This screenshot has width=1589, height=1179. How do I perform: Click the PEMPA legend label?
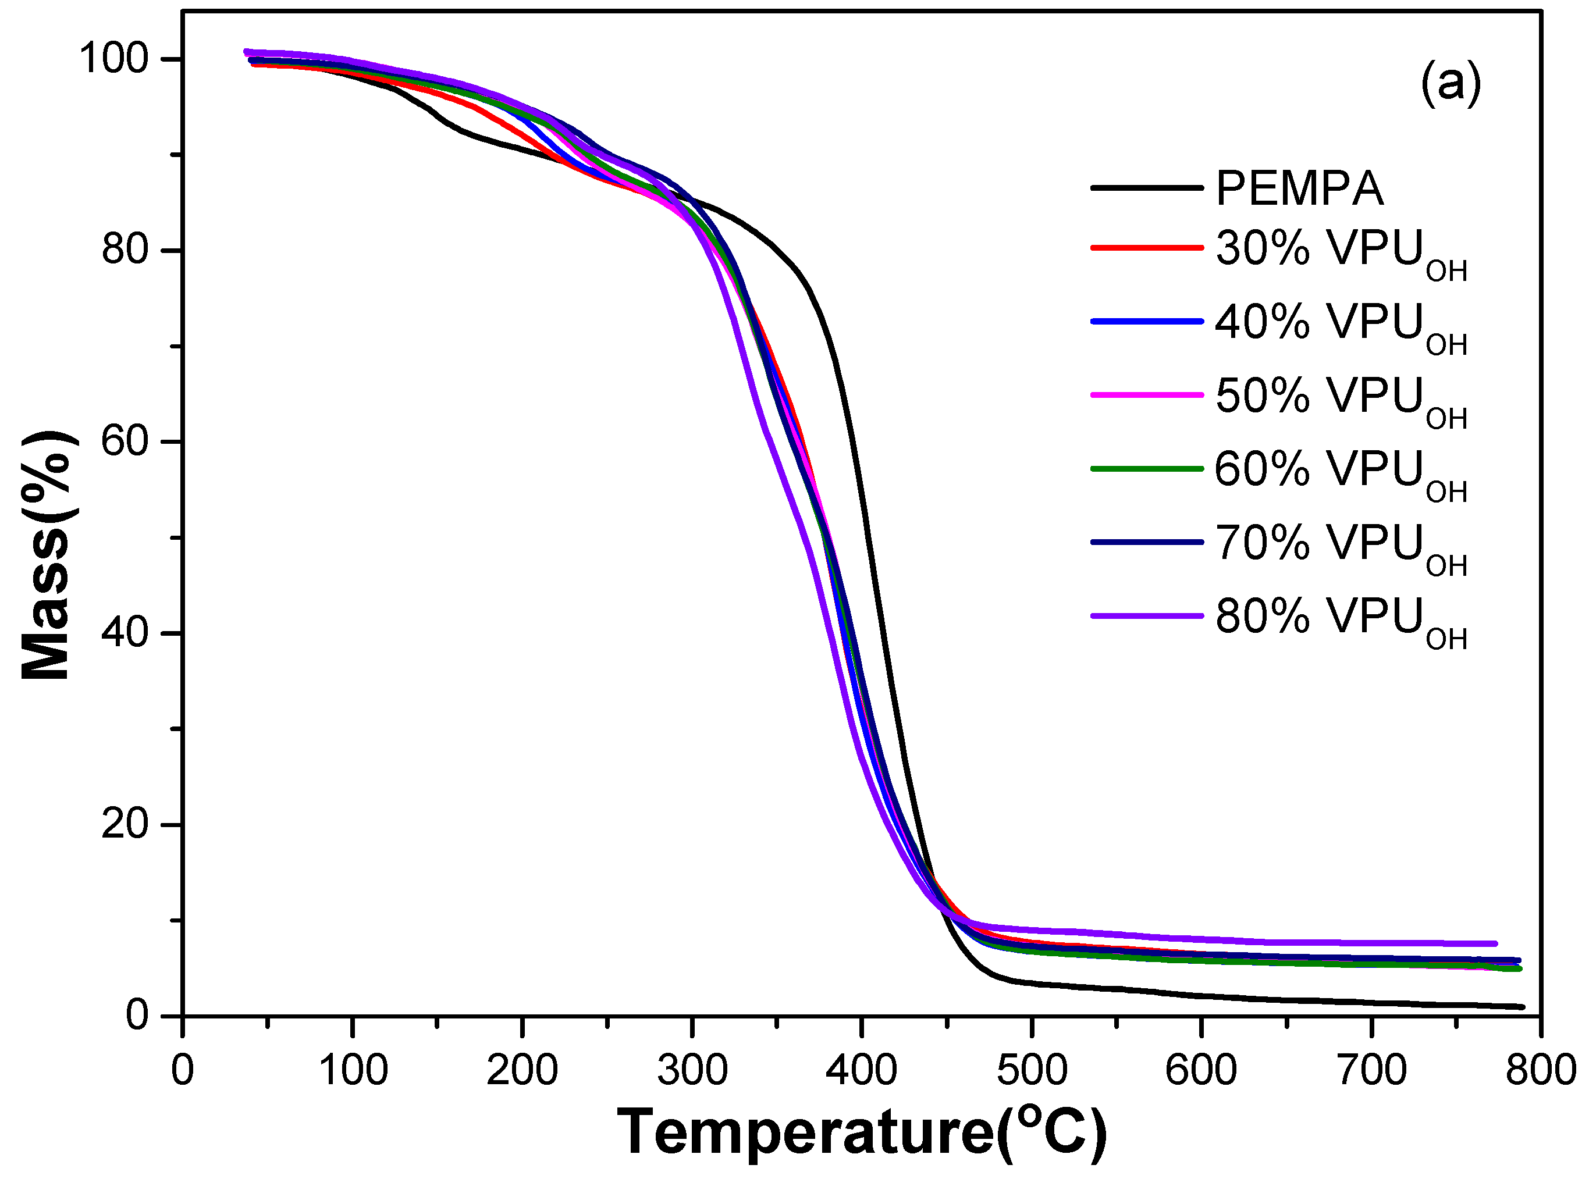(x=1299, y=189)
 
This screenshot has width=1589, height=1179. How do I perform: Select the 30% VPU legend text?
(x=1340, y=251)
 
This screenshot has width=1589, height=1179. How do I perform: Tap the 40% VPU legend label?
(x=1340, y=325)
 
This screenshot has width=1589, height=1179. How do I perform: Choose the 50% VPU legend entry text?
(x=1340, y=398)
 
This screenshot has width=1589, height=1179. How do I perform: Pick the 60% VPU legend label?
(x=1340, y=472)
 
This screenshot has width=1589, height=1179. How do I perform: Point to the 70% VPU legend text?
(x=1340, y=545)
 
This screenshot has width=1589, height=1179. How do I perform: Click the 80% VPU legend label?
(x=1340, y=618)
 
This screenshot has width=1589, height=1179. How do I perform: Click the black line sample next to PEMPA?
(x=1146, y=188)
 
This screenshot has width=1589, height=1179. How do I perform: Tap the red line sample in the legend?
(x=1146, y=248)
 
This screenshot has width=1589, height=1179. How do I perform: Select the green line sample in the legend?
(x=1146, y=469)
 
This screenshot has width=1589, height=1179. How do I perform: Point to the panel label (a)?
(x=1450, y=84)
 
